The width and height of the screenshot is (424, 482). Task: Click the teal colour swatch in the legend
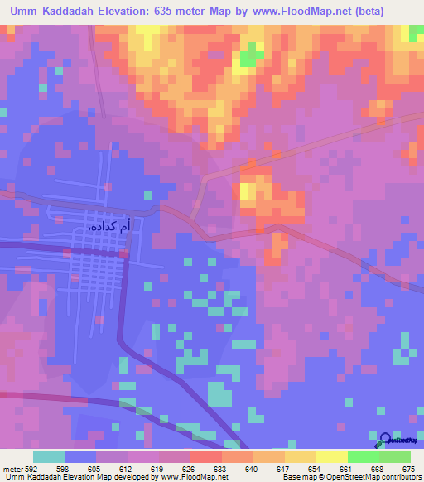pyautogui.click(x=49, y=456)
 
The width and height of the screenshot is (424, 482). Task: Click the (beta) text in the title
pyautogui.click(x=395, y=12)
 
